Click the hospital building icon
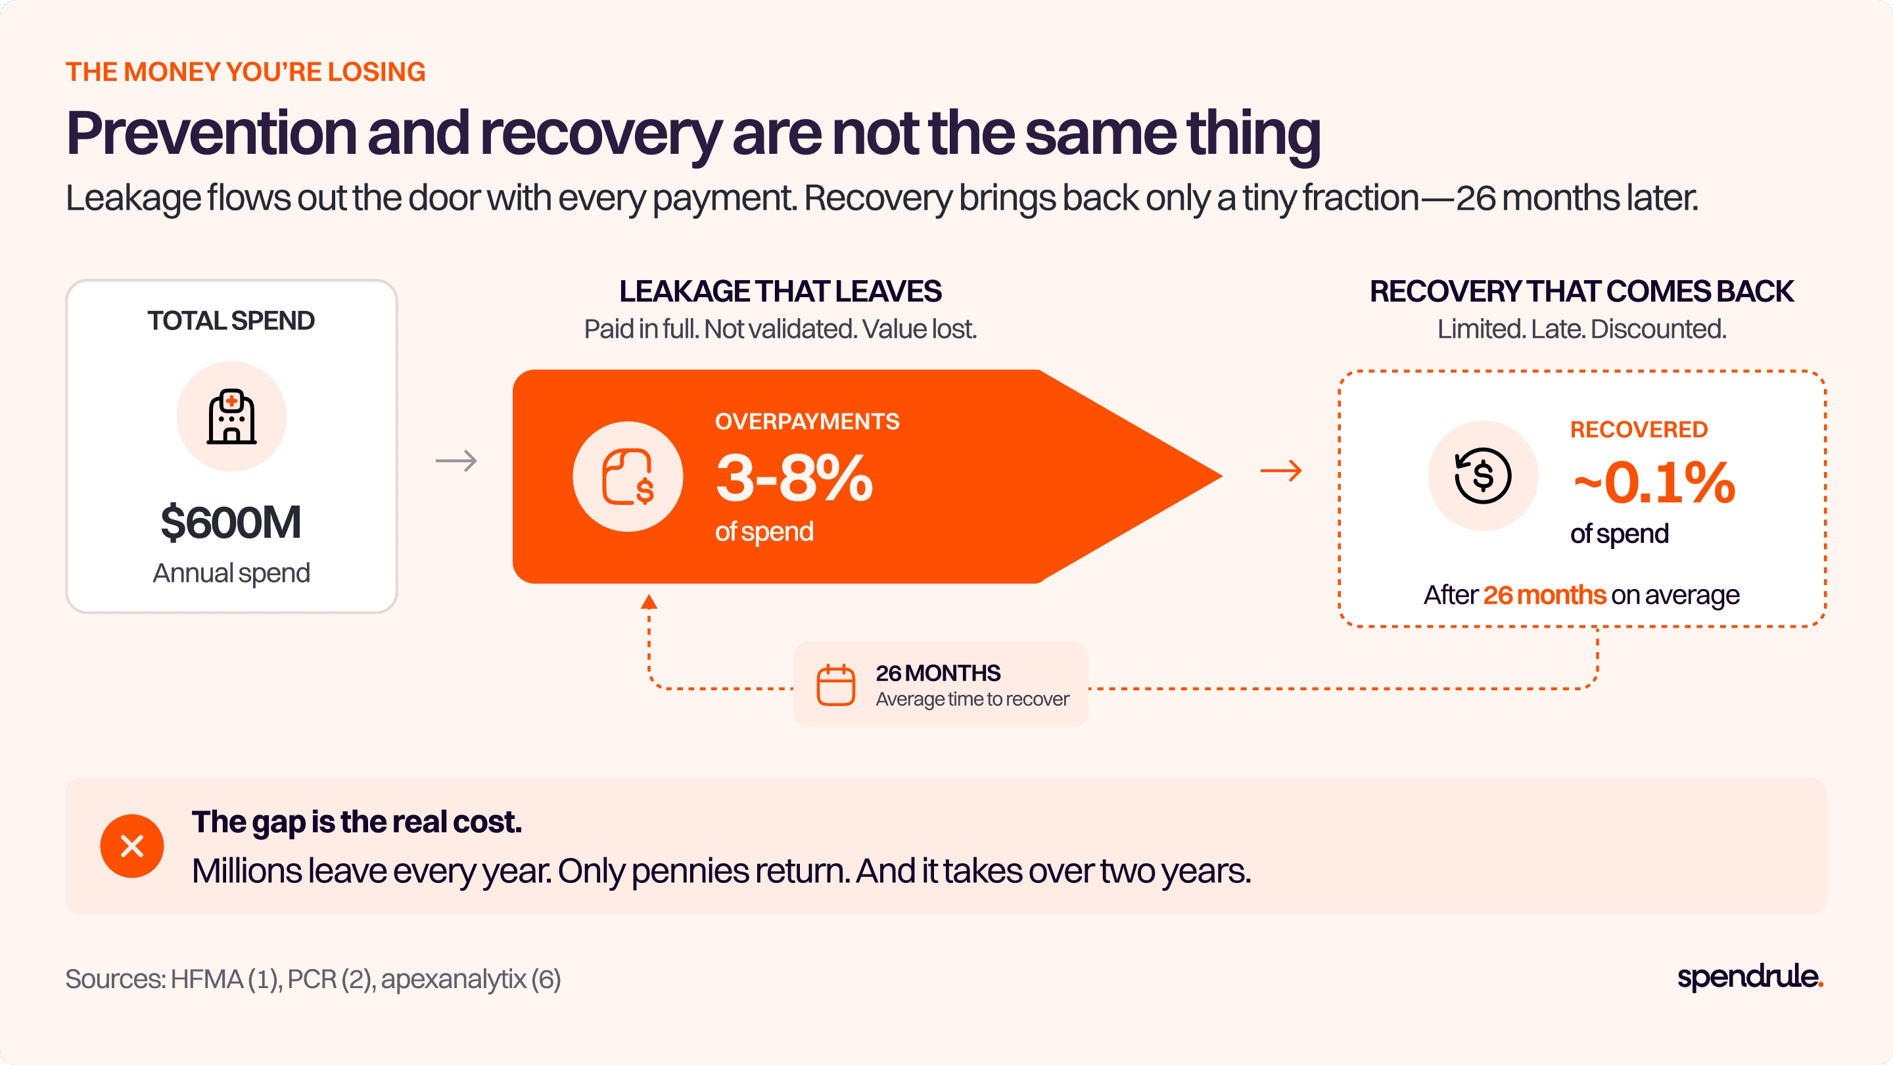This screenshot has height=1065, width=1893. click(x=231, y=417)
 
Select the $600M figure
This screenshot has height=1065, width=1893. click(x=231, y=523)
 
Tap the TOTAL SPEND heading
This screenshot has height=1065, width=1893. click(x=231, y=321)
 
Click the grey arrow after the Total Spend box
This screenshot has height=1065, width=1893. click(x=456, y=461)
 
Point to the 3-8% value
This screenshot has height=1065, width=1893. click(x=795, y=479)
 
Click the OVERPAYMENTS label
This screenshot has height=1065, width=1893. click(x=807, y=421)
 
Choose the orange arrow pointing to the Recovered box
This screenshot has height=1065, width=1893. click(x=1281, y=471)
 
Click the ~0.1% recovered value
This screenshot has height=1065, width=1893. click(x=1654, y=484)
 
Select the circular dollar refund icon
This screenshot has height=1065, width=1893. click(x=1483, y=475)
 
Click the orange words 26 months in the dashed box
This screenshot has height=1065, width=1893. click(x=1544, y=594)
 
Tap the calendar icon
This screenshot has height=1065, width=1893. click(x=835, y=685)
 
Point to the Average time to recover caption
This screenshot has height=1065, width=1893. click(x=972, y=699)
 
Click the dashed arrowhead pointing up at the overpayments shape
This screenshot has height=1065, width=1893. click(x=649, y=602)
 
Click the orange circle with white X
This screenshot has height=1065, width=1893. click(x=132, y=846)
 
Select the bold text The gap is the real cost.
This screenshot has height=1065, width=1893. click(x=356, y=822)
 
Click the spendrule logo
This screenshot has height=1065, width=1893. click(x=1750, y=977)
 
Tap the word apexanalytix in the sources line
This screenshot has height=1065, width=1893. click(x=454, y=980)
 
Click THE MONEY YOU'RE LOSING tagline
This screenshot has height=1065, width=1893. click(x=245, y=72)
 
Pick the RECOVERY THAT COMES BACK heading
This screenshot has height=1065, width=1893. click(x=1581, y=292)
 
